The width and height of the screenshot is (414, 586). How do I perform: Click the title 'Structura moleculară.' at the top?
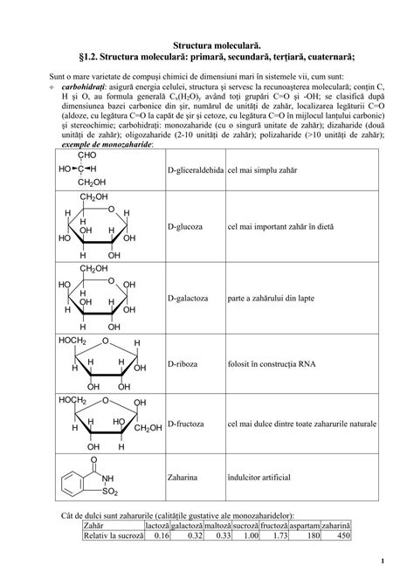207,41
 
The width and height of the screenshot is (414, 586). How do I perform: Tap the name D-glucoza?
184,226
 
